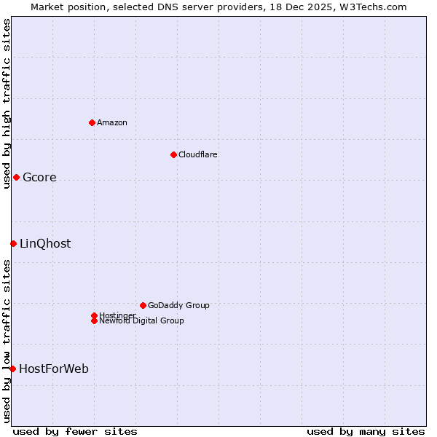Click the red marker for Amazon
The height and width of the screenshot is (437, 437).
click(x=92, y=122)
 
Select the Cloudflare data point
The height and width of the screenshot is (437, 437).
click(x=173, y=154)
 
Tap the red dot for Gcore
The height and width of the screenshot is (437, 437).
click(x=16, y=177)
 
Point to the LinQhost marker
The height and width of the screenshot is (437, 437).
click(x=13, y=243)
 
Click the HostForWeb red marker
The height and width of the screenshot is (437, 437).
click(x=12, y=369)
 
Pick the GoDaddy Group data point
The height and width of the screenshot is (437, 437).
click(x=143, y=305)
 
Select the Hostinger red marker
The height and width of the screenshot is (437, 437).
click(x=94, y=315)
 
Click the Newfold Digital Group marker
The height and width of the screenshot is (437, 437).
click(x=94, y=320)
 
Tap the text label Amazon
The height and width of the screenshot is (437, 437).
click(x=111, y=122)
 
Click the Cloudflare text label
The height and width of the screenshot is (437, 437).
click(x=197, y=154)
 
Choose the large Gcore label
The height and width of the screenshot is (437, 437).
click(x=39, y=178)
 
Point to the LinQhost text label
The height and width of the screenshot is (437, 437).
click(x=45, y=244)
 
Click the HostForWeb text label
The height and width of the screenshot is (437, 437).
click(x=54, y=369)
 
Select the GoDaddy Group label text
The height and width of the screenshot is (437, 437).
click(x=178, y=305)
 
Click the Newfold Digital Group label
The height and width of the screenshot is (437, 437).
click(x=141, y=320)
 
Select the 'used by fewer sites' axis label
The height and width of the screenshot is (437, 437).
click(x=75, y=431)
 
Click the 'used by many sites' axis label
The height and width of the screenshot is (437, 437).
click(x=366, y=431)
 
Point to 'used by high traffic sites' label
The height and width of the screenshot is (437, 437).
click(x=7, y=104)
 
